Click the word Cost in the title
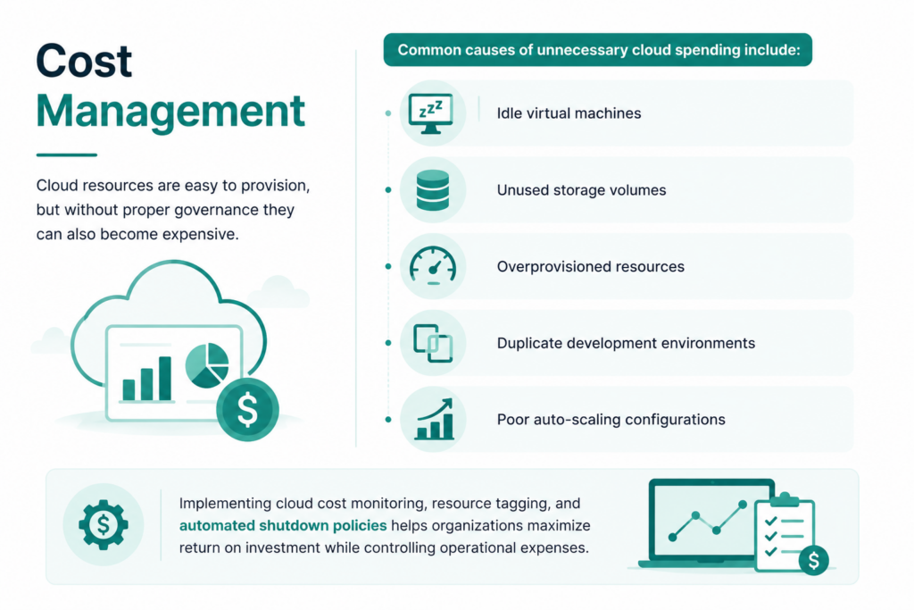tap(84, 61)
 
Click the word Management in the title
tap(170, 110)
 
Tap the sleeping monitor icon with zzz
tap(431, 113)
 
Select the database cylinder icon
tap(433, 190)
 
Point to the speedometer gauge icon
tap(433, 266)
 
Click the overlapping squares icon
tap(433, 343)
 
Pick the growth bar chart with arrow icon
tap(435, 419)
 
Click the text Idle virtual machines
tap(569, 113)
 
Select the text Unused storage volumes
tap(581, 190)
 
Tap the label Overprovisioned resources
tap(591, 266)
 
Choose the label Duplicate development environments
tap(626, 343)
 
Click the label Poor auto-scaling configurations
tap(611, 419)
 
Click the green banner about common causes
tap(597, 50)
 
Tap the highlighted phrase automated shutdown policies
tap(283, 525)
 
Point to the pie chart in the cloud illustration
tap(207, 365)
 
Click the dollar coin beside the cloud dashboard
tap(247, 409)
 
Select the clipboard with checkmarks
tap(785, 533)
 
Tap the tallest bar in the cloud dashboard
tap(165, 378)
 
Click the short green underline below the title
tap(66, 155)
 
